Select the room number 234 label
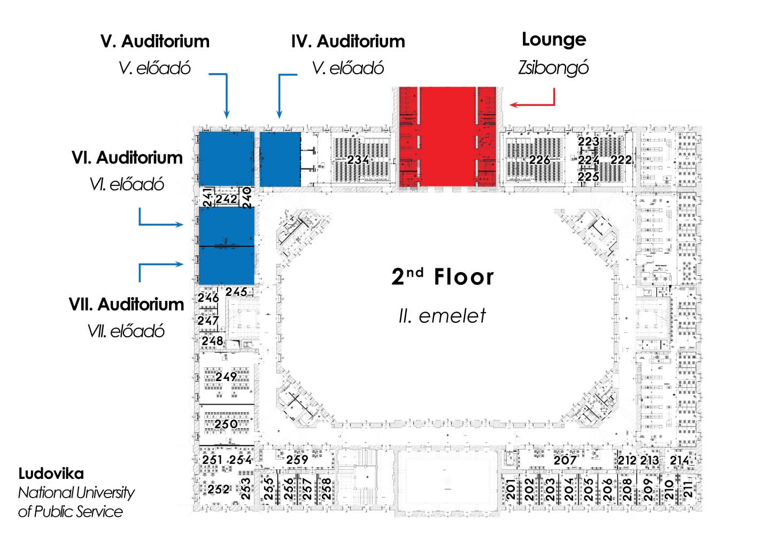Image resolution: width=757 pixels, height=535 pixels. tap(358, 160)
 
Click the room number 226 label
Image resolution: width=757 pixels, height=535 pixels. tap(539, 160)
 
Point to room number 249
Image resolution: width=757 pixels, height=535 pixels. tap(226, 377)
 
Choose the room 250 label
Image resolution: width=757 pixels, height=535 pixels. tap(226, 424)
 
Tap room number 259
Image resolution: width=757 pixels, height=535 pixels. tap(297, 459)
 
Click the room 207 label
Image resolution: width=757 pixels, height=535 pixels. tap(565, 460)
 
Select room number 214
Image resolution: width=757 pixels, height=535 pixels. tap(679, 460)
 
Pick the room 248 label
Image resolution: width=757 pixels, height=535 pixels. tap(212, 340)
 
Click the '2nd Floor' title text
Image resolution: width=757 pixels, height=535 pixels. tap(443, 277)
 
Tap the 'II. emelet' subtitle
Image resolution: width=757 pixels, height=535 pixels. tap(442, 316)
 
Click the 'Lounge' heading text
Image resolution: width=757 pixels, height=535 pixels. tap(554, 40)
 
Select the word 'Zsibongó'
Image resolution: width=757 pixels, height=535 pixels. tap(553, 68)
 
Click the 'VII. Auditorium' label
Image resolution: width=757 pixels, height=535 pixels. tap(127, 304)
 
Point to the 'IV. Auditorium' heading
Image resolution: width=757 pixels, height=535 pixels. tap(348, 41)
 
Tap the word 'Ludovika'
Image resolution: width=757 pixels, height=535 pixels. tap(51, 474)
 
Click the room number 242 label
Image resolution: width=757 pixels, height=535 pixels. tap(226, 199)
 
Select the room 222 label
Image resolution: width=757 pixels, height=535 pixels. tap(621, 160)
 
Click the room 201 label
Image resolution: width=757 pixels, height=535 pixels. tap(511, 489)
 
